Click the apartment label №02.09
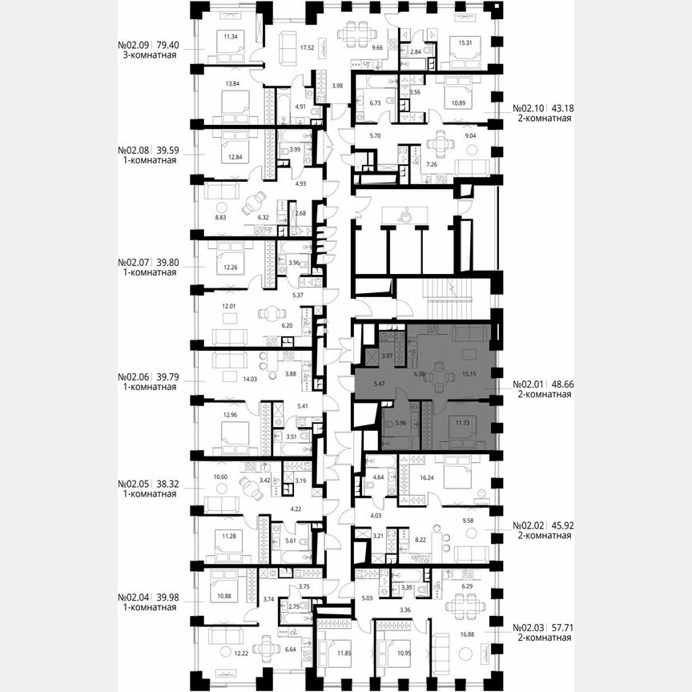[x=134, y=46]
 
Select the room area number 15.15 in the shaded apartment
[x=469, y=372]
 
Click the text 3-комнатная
[x=147, y=59]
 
